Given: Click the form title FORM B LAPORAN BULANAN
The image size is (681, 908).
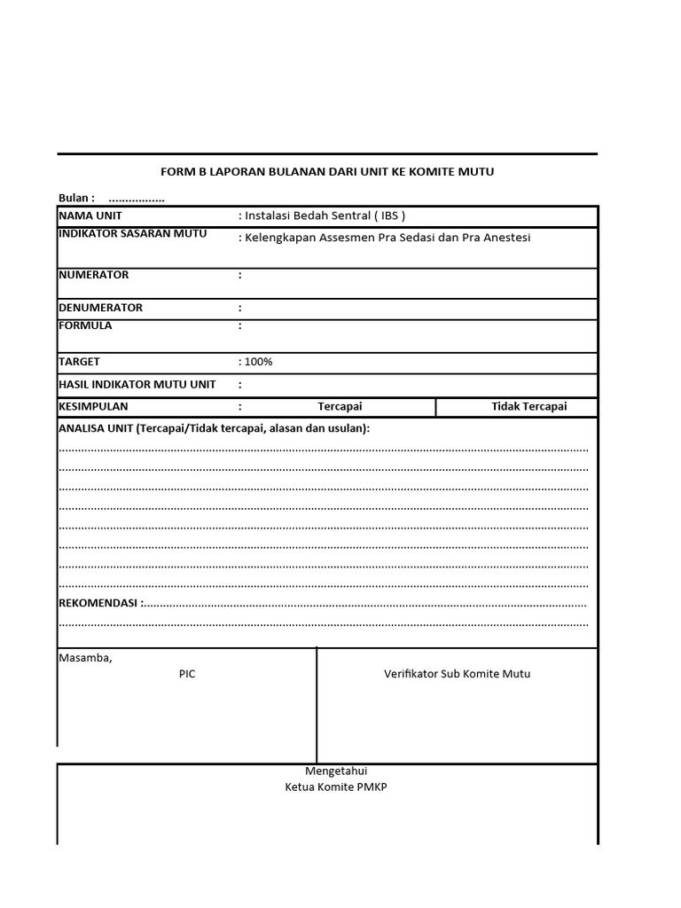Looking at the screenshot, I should pyautogui.click(x=328, y=171).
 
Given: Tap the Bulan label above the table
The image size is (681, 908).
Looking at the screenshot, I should pyautogui.click(x=76, y=198).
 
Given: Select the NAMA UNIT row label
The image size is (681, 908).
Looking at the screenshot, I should pyautogui.click(x=90, y=215).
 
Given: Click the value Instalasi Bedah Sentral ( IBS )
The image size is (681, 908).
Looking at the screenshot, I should pyautogui.click(x=322, y=215).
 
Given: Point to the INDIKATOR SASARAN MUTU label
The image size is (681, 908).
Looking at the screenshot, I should pyautogui.click(x=133, y=234).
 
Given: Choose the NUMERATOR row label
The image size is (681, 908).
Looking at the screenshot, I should pyautogui.click(x=94, y=275).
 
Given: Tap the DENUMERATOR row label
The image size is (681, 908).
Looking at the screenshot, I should pyautogui.click(x=101, y=308).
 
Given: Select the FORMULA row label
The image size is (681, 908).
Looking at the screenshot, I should pyautogui.click(x=86, y=325).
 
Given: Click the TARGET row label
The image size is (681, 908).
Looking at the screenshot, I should pyautogui.click(x=80, y=362).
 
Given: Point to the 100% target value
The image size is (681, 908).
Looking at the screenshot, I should pyautogui.click(x=258, y=362).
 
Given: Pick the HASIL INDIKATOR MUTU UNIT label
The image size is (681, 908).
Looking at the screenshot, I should pyautogui.click(x=137, y=385).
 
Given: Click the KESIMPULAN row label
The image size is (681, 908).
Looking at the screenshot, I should pyautogui.click(x=94, y=407).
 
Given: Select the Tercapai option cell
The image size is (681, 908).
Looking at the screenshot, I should pyautogui.click(x=340, y=407).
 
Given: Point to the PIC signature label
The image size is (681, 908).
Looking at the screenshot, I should pyautogui.click(x=187, y=674).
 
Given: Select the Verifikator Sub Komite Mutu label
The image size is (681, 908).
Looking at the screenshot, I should pyautogui.click(x=458, y=674).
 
